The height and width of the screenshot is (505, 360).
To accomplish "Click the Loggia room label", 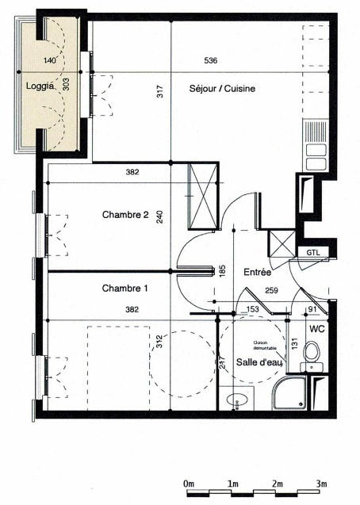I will coord(39,86).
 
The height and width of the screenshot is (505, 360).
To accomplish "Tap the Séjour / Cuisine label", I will coord(221,89).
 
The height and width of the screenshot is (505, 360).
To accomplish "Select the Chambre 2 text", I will coord(125,215).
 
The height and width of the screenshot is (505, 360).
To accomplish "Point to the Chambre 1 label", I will coord(125,289).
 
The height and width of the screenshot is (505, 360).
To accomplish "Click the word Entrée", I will coord(257,272).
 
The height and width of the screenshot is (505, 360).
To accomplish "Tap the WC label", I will coord(317,327).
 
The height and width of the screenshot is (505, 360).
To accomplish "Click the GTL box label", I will coord(314,252).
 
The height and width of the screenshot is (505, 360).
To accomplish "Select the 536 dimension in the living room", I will coord(211,60).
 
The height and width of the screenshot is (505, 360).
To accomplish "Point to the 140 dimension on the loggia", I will coord(50,60).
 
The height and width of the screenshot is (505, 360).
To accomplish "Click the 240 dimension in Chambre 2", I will coord(159,217).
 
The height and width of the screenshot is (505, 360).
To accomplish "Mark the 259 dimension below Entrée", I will coord(271,290).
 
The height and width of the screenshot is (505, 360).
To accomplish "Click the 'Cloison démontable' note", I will coord(265,346).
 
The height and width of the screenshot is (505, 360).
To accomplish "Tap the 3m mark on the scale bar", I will coord(321,483).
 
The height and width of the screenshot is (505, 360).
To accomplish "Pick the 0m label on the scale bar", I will coord(188,483).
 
